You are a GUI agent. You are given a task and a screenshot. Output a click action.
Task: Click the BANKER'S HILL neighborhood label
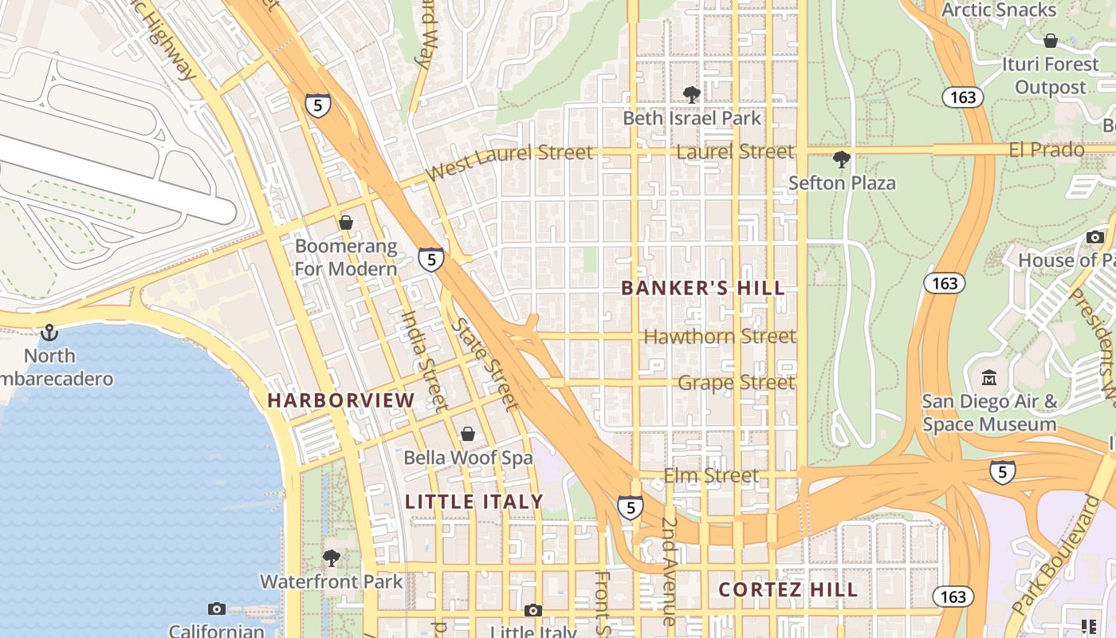click(x=703, y=288)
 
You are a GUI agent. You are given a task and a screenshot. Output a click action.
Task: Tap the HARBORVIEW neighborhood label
click(x=341, y=400)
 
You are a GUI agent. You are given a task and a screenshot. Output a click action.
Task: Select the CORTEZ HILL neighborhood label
click(x=788, y=590)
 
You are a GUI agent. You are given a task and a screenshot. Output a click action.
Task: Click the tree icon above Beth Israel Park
click(x=692, y=95)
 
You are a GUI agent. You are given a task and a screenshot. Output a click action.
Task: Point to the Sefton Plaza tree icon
click(x=841, y=159)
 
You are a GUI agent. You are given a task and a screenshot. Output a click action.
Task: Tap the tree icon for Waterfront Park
click(x=332, y=558)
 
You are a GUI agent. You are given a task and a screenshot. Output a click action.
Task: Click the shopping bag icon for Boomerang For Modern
click(x=346, y=223)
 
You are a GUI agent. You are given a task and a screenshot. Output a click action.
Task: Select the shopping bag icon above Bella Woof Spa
click(x=468, y=434)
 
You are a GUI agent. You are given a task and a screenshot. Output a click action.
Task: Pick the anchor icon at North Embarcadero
click(x=49, y=332)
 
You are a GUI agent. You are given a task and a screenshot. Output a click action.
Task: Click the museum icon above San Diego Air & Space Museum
click(x=989, y=377)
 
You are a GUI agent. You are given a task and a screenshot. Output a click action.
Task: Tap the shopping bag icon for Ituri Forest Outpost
click(x=1051, y=41)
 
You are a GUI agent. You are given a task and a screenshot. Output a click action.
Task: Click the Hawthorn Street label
click(x=719, y=337)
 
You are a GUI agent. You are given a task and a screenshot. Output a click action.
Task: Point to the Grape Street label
click(x=736, y=383)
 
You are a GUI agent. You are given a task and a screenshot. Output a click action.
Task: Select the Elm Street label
click(x=711, y=476)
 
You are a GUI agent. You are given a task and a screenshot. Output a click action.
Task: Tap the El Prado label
click(x=1046, y=150)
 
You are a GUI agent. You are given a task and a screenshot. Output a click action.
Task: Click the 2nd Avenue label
click(x=669, y=571)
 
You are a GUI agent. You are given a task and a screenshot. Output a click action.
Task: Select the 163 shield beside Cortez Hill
click(x=953, y=597)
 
